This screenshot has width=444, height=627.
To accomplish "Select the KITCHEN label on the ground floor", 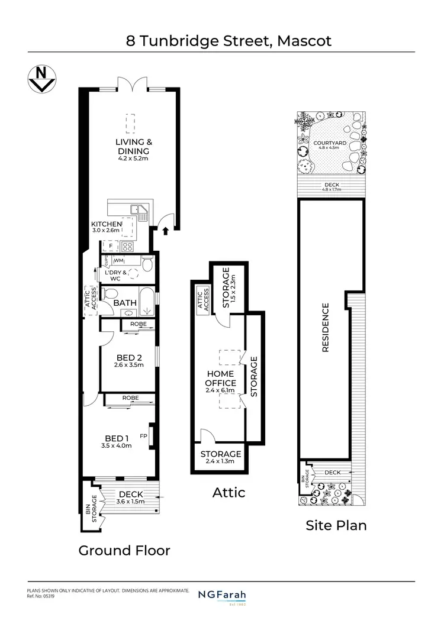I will coord(106,224).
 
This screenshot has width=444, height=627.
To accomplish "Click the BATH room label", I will coord(125,303).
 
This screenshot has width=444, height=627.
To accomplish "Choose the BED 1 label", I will coord(116,438).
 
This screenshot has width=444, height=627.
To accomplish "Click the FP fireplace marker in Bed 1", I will coord(143,437).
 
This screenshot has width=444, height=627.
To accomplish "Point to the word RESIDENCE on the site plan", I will coord(325,328).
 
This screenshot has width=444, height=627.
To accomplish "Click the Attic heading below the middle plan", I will coord(229,492).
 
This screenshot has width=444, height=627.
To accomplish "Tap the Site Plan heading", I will coord(336,525).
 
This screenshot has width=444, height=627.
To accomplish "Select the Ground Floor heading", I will coord(124,551).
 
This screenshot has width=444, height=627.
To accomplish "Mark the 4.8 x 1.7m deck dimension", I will coord(333,190).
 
